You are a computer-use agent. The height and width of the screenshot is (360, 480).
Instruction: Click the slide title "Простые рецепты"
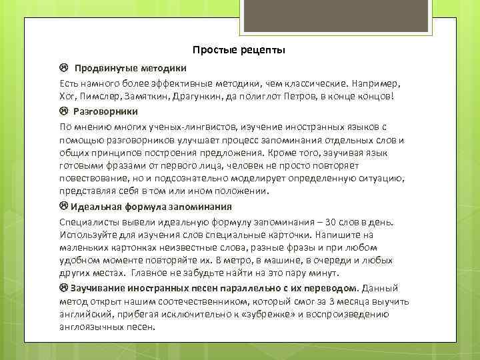(x=239, y=51)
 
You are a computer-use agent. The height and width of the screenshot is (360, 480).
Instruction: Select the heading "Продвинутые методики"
(x=131, y=69)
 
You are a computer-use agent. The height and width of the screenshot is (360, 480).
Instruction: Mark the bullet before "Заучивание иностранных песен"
(x=63, y=288)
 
